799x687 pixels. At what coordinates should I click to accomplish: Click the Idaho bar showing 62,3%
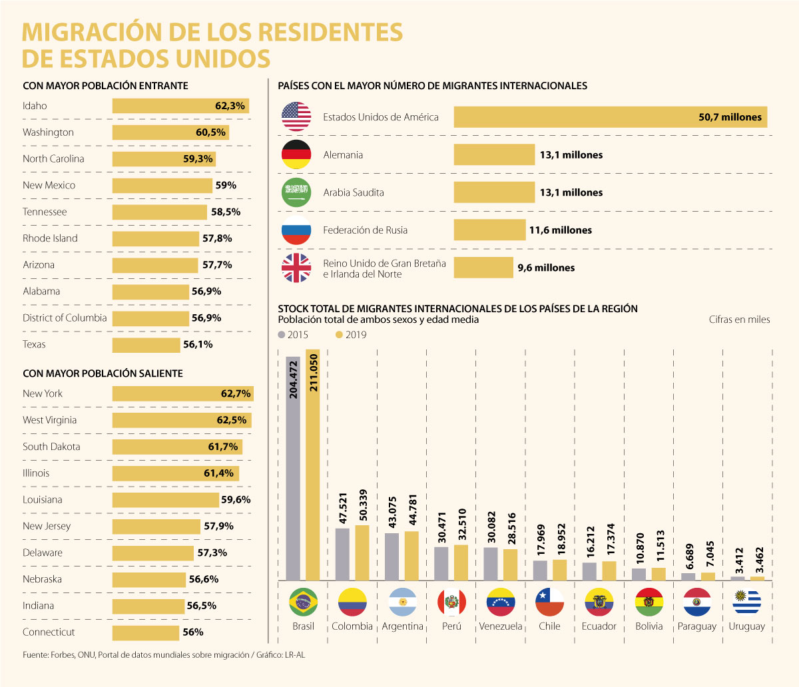pos(180,106)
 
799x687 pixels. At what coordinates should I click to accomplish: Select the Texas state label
pos(34,345)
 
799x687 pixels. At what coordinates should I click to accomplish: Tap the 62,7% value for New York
pos(236,394)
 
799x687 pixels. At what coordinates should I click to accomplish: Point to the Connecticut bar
pos(146,632)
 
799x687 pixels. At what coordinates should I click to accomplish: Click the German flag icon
pos(296,154)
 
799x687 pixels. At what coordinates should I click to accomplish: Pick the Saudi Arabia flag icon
pos(296,192)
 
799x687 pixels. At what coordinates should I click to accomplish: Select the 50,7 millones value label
pos(730,117)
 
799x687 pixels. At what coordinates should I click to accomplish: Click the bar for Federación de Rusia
pos(489,230)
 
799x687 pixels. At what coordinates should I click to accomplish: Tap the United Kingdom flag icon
pos(296,268)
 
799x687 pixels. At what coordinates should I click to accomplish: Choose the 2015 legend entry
pos(293,335)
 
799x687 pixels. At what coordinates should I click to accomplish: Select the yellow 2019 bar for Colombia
pos(362,553)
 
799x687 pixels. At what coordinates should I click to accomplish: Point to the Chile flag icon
pos(550,602)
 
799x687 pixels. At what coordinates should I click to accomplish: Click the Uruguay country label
pos(746,626)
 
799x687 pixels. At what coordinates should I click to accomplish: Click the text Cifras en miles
pos(739,320)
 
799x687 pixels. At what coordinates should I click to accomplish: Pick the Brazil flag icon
pos(304,602)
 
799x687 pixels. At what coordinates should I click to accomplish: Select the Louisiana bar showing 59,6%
pos(165,500)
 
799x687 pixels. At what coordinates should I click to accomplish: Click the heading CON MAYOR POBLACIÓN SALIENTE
pos(103,374)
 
